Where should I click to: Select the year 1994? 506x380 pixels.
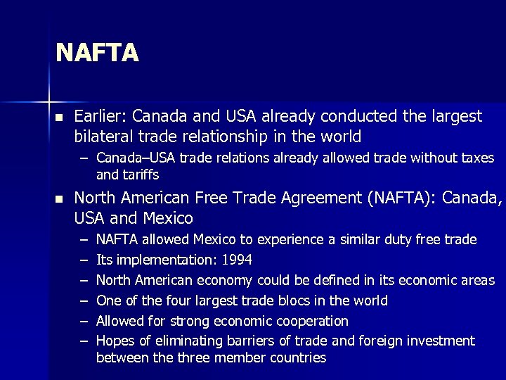pyautogui.click(x=238, y=260)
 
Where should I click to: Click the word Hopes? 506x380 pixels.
pyautogui.click(x=114, y=341)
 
